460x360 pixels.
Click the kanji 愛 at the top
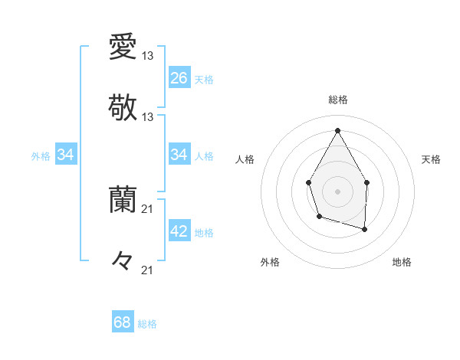[x=123, y=47]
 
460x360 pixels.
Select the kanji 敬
[x=123, y=106]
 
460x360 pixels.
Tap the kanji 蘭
[x=123, y=200]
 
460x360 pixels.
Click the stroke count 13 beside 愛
[x=148, y=55]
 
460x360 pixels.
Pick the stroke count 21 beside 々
[x=148, y=270]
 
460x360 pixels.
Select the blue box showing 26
[x=179, y=78]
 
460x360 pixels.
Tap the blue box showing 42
[x=179, y=231]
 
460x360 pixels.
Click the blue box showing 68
[x=123, y=322]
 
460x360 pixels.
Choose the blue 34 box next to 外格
[x=66, y=155]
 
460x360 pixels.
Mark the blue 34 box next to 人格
[x=179, y=155]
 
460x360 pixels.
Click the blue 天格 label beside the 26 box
[x=204, y=79]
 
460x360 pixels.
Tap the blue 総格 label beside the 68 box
[x=147, y=324]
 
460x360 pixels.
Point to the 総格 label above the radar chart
[x=338, y=100]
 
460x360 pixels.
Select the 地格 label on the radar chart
[x=402, y=262]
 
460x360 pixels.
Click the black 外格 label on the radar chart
[x=270, y=262]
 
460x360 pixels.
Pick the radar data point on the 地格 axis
[x=365, y=229]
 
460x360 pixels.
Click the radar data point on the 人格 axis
[x=309, y=182]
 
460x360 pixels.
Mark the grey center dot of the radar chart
[x=337, y=191]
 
